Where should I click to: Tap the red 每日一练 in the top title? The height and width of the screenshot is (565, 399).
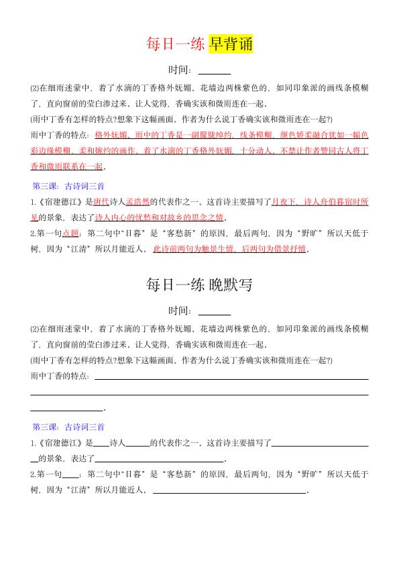click(x=176, y=44)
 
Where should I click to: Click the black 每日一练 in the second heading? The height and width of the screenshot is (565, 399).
click(x=176, y=285)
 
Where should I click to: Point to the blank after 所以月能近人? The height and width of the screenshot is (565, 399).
click(x=229, y=491)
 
